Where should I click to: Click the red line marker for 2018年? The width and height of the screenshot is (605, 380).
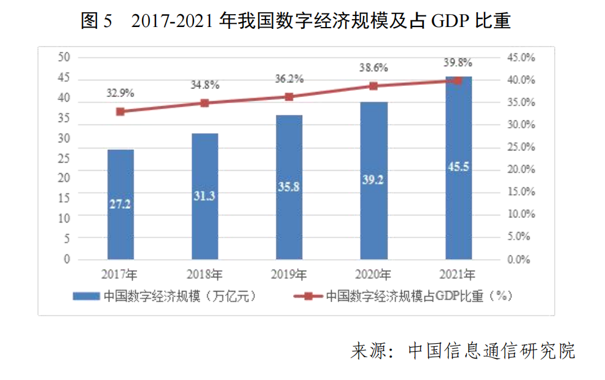pos(205,103)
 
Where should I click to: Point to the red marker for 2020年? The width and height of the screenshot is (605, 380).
pos(373,86)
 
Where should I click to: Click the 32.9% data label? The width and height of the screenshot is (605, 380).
pos(120,93)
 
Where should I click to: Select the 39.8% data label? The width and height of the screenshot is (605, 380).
pos(458,63)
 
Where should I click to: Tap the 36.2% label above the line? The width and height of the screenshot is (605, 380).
pos(289,79)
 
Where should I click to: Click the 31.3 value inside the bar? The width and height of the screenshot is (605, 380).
pos(205,196)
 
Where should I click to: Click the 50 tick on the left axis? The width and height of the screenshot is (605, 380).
pos(64,57)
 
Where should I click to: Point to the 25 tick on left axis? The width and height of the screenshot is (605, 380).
pos(64,158)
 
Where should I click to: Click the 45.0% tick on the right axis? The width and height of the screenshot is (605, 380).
pos(521,58)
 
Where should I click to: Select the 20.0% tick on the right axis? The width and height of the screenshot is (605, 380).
pos(521,169)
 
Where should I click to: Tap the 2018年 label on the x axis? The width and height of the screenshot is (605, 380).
pos(205,274)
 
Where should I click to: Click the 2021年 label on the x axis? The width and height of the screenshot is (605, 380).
pos(458,274)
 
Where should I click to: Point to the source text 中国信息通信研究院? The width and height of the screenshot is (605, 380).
pos(492,352)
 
